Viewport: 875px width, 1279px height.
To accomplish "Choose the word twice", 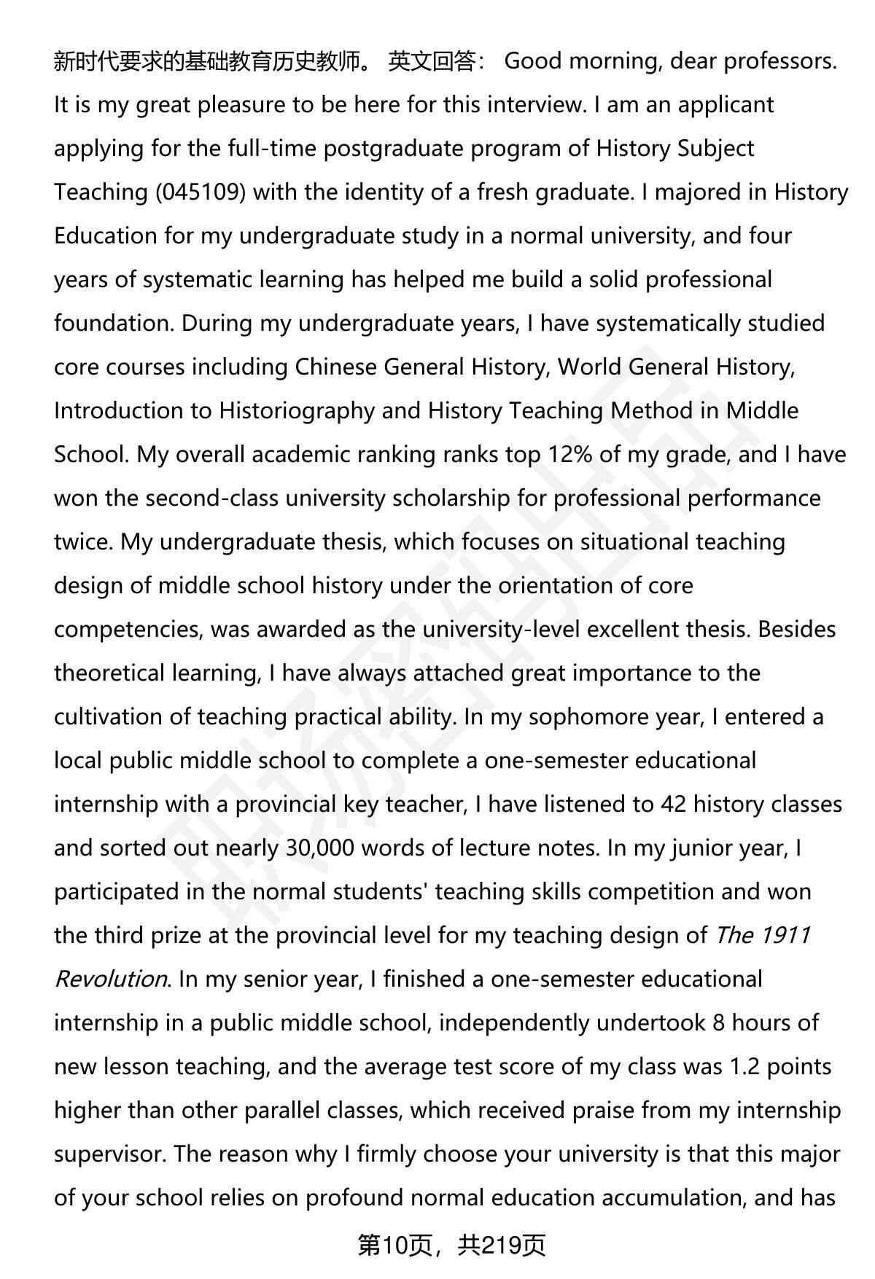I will pos(82,542).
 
